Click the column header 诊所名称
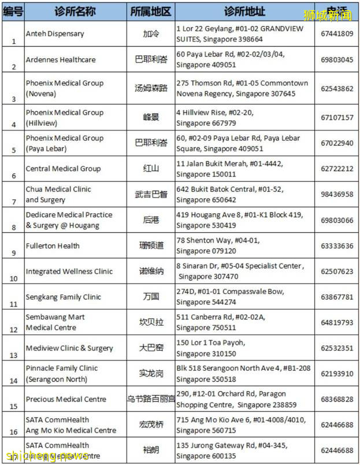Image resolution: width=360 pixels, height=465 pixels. (x=75, y=12)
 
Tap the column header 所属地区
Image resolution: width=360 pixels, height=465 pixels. (x=150, y=12)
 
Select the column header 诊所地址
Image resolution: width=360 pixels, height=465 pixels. (x=244, y=12)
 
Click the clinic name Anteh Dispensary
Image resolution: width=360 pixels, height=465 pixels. (x=55, y=34)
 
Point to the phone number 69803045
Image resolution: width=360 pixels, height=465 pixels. (x=337, y=59)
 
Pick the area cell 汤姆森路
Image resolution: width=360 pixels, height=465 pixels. (x=150, y=88)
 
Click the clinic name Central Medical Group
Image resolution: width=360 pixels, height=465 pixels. (x=63, y=169)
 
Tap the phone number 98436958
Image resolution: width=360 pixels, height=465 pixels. (x=337, y=194)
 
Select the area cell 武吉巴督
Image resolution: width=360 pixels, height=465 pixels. (x=150, y=194)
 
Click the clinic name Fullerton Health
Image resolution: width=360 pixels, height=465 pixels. (x=53, y=245)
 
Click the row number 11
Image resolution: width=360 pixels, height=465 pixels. (x=12, y=304)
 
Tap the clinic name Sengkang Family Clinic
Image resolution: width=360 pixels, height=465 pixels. (x=63, y=297)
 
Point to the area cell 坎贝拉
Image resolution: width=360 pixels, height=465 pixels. (x=150, y=322)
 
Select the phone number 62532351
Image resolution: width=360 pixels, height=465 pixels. (x=337, y=348)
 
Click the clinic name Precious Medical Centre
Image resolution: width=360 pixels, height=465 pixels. (x=66, y=399)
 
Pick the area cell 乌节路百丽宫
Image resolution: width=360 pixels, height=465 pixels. (x=150, y=399)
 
